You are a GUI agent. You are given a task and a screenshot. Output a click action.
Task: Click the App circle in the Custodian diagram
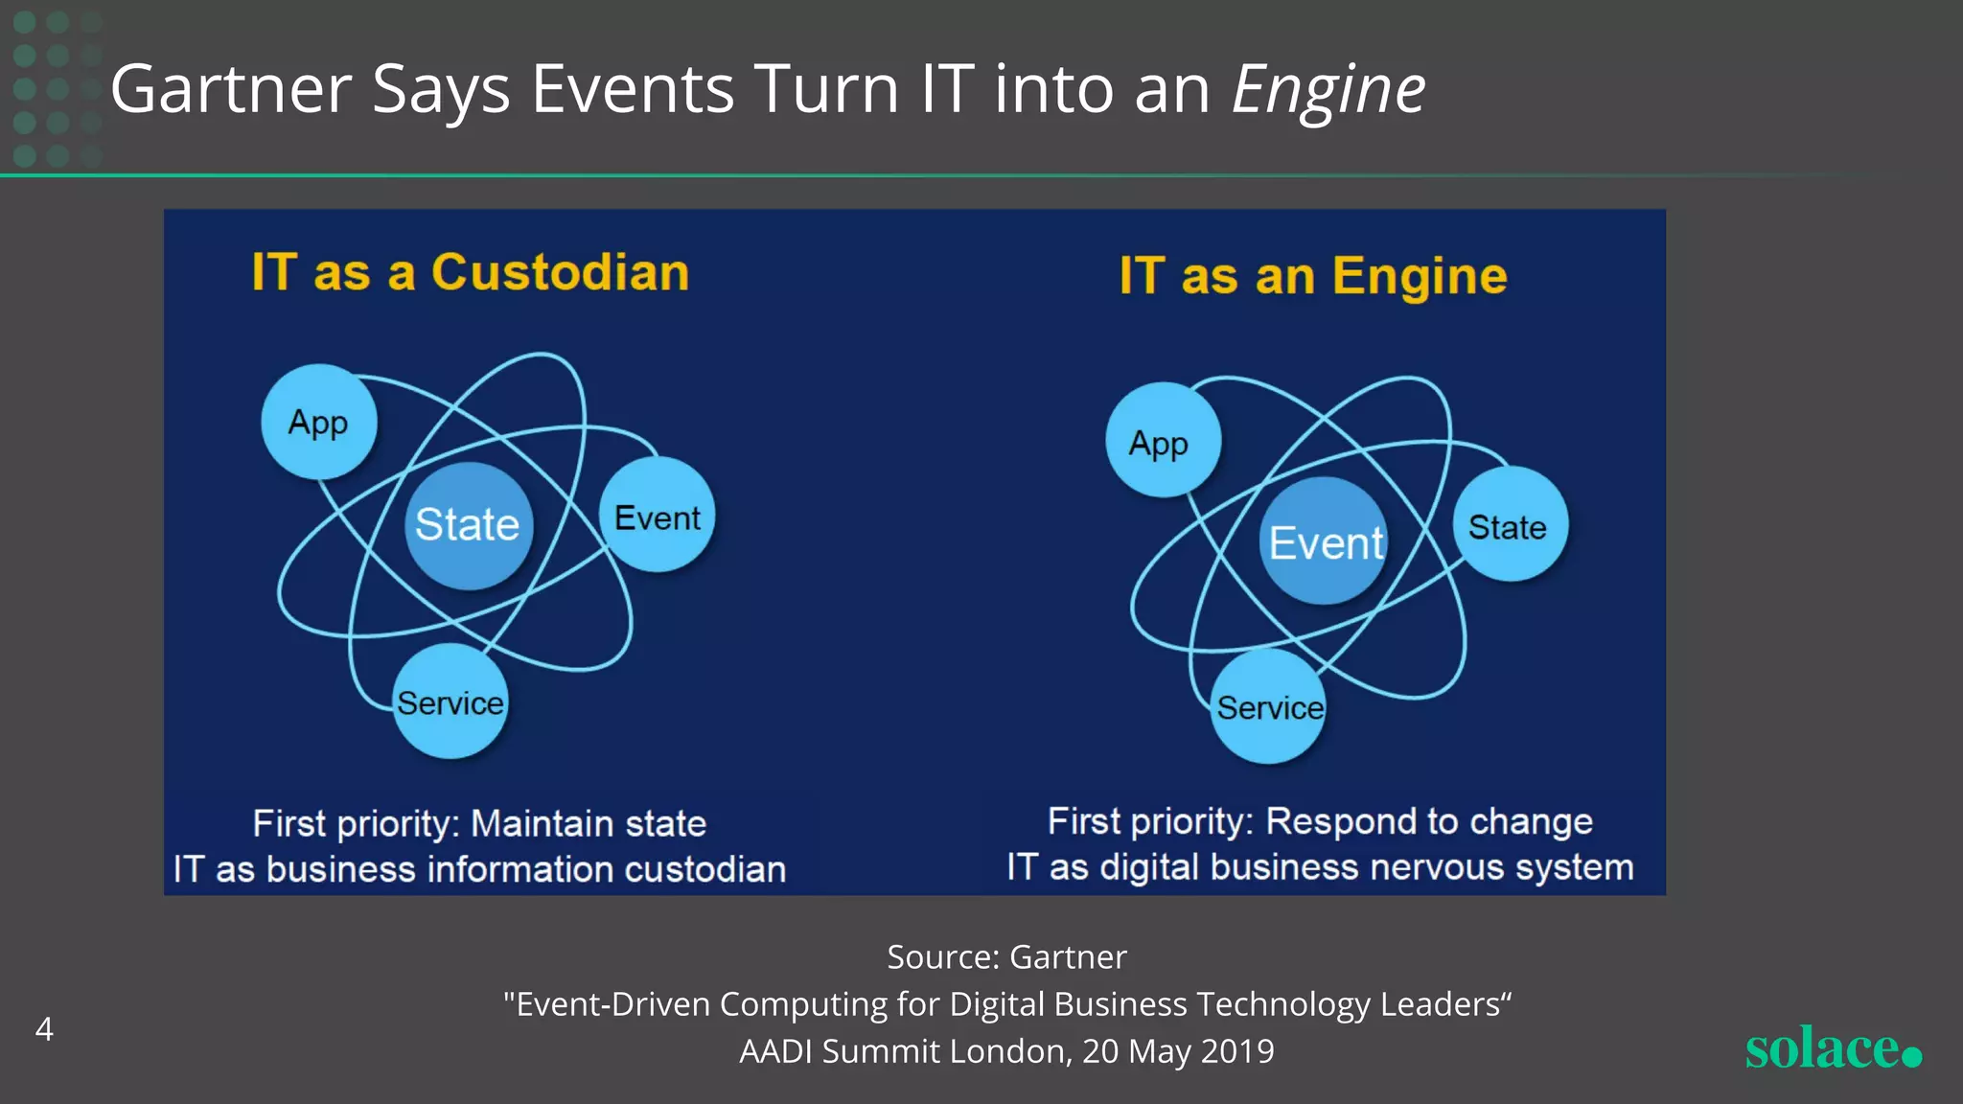pyautogui.click(x=318, y=422)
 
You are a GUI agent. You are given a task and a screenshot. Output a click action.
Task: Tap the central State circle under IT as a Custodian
pyautogui.click(x=468, y=525)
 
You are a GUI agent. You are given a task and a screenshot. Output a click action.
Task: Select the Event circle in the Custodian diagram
pyautogui.click(x=658, y=516)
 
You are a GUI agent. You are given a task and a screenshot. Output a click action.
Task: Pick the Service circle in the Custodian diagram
pyautogui.click(x=450, y=701)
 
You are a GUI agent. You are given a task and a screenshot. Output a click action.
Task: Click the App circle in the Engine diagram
pyautogui.click(x=1163, y=441)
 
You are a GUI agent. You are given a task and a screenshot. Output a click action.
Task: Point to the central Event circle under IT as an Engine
pyautogui.click(x=1326, y=542)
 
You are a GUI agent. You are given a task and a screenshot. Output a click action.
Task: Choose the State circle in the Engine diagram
pyautogui.click(x=1510, y=525)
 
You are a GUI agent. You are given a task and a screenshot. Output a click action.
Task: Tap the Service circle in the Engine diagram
pyautogui.click(x=1269, y=706)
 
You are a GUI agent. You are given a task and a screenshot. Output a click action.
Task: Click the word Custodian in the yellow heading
pyautogui.click(x=560, y=272)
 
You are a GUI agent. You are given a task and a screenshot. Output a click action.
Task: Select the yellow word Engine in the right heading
pyautogui.click(x=1420, y=277)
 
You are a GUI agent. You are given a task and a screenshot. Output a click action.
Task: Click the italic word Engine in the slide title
pyautogui.click(x=1328, y=90)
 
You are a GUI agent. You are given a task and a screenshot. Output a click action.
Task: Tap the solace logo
pyautogui.click(x=1832, y=1047)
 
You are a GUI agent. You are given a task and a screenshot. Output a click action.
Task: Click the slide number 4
pyautogui.click(x=44, y=1029)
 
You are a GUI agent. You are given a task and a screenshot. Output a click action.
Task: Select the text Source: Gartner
pyautogui.click(x=1006, y=956)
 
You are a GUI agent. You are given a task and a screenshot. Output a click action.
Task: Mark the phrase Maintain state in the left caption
pyautogui.click(x=589, y=824)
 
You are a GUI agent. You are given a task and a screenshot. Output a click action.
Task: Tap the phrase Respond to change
pyautogui.click(x=1428, y=821)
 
